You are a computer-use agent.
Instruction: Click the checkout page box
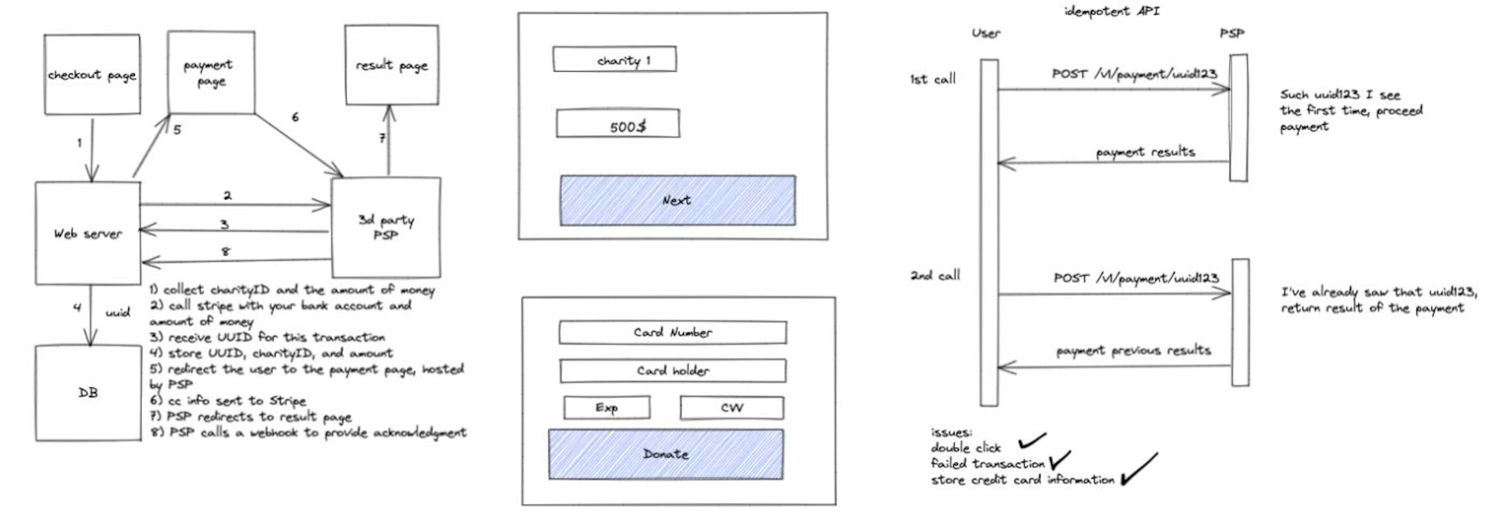point(92,74)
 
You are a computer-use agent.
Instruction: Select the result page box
point(391,65)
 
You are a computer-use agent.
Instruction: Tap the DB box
point(88,393)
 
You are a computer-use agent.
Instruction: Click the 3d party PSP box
point(386,227)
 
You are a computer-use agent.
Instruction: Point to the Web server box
point(88,234)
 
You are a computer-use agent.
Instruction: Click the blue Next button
point(677,200)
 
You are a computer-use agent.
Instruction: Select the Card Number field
point(672,332)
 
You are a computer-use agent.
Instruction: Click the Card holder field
point(672,370)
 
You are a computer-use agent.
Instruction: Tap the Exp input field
point(607,408)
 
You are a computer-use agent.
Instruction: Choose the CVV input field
point(732,408)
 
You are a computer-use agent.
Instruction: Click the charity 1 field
point(615,60)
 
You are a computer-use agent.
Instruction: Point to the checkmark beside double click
point(1032,441)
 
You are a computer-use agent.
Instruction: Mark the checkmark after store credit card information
point(1139,469)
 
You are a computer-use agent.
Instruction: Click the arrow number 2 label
point(227,196)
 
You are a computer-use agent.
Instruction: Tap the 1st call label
point(933,79)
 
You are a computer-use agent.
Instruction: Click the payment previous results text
point(1133,350)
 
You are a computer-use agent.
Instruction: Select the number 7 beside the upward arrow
point(382,138)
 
